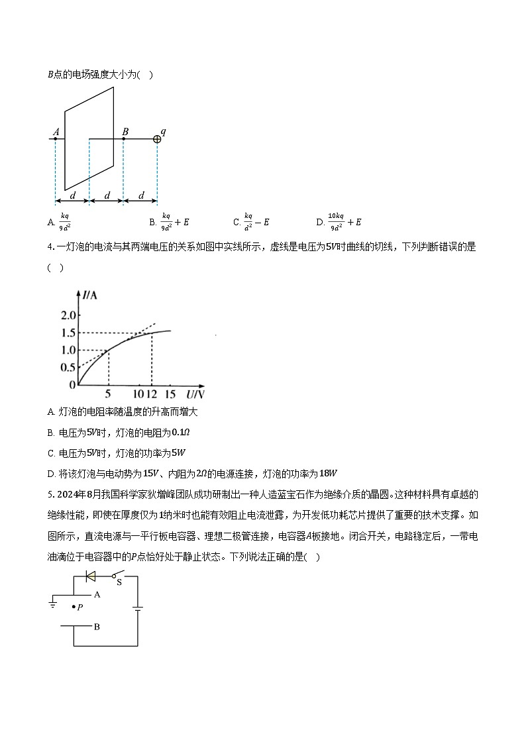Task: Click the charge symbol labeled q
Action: [x=157, y=138]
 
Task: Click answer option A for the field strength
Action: [x=60, y=222]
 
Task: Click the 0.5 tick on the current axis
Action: [x=68, y=368]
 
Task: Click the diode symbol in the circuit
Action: [x=91, y=576]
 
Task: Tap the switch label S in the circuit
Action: [x=119, y=582]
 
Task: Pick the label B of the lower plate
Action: [x=97, y=626]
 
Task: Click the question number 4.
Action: [x=50, y=247]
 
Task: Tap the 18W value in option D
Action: [x=329, y=473]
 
